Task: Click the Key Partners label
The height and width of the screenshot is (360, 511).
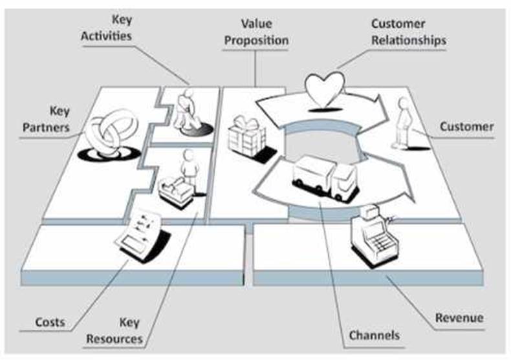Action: [x=46, y=119]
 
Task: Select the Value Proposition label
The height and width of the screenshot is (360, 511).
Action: [x=255, y=32]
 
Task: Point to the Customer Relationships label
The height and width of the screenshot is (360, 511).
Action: [x=408, y=32]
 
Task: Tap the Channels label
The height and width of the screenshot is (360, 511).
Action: [x=374, y=335]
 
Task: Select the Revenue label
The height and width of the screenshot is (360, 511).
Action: [x=459, y=318]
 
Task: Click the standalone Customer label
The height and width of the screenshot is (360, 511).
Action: [x=466, y=126]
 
